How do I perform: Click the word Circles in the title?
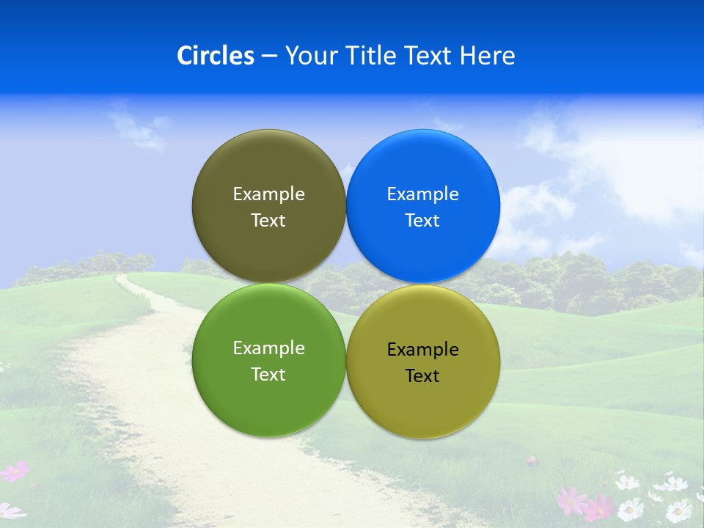point(216,56)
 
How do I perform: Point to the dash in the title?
point(269,56)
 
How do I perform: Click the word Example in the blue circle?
point(423,194)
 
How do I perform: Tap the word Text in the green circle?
point(268,374)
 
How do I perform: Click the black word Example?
point(423,350)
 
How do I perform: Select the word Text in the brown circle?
point(268,220)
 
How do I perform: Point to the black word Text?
point(422,375)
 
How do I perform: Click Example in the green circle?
point(268,348)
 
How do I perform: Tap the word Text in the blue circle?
point(422,220)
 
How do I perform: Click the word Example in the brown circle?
point(268,194)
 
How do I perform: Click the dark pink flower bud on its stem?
point(532,461)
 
